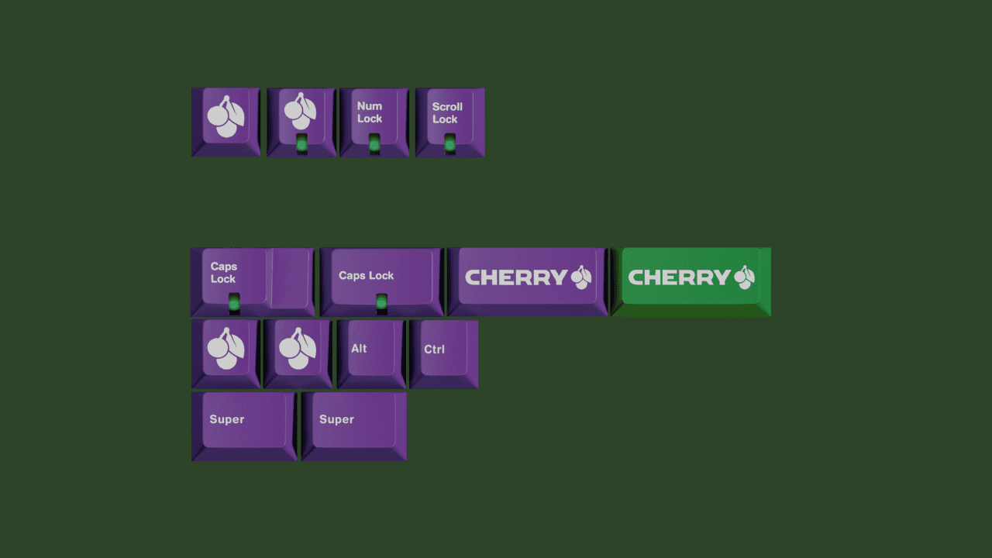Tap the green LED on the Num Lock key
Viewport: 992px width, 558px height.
(x=374, y=144)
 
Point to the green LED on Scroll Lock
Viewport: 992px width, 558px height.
(x=449, y=145)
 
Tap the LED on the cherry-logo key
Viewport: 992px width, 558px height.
(x=301, y=144)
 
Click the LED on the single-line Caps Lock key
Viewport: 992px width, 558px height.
(x=381, y=301)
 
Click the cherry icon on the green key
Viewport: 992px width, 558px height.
(x=745, y=277)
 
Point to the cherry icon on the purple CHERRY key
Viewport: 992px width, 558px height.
(x=581, y=277)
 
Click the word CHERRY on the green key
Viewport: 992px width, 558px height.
(x=679, y=277)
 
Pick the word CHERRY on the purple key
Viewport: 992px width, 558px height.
(x=516, y=277)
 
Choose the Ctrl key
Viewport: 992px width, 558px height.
(x=443, y=351)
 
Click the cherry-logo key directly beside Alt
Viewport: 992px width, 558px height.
(x=298, y=351)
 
